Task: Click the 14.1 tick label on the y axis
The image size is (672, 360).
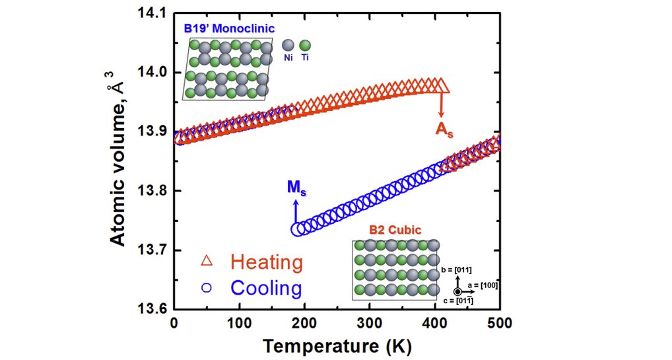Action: (x=151, y=13)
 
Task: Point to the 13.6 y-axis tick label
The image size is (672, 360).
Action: (x=151, y=309)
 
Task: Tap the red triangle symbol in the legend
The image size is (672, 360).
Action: (x=207, y=262)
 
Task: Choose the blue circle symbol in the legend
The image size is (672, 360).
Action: (x=207, y=287)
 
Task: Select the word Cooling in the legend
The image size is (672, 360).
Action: (x=266, y=288)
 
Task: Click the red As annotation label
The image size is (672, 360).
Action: (x=443, y=129)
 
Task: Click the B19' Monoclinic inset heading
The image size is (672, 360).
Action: (x=228, y=29)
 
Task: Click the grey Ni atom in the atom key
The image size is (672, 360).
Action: (x=288, y=46)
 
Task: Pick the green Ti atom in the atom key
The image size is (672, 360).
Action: (x=305, y=46)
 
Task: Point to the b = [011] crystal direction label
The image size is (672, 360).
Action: (x=457, y=270)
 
